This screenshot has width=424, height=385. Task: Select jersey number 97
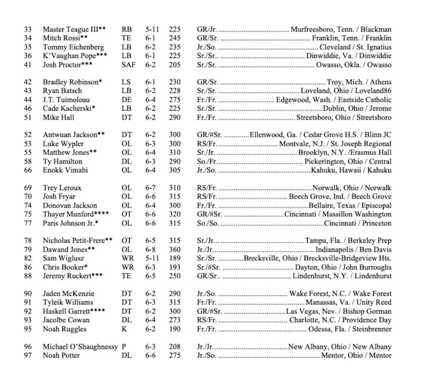coord(28,355)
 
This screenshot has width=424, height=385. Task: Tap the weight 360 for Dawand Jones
coord(175,249)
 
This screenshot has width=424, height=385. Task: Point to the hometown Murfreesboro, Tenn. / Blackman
coord(341,29)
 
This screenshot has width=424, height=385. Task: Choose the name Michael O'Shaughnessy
coord(81,346)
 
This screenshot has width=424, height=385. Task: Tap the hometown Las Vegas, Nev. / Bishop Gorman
coord(339,311)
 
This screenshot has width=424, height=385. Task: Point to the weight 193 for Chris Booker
coord(175,267)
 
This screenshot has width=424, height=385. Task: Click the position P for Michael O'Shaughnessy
coord(124,346)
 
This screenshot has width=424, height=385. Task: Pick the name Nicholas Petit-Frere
coord(78,240)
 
